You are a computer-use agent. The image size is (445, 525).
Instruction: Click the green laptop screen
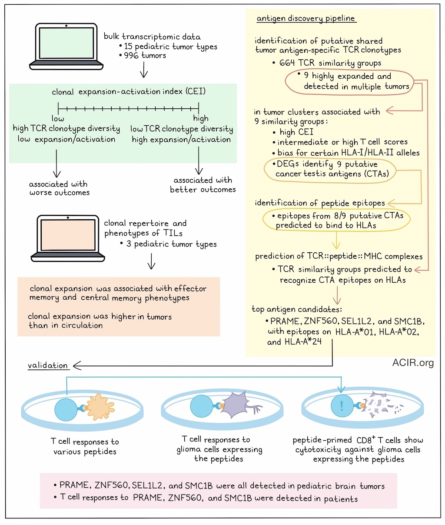pos(66,43)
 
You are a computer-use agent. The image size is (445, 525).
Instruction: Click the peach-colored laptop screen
pos(68,235)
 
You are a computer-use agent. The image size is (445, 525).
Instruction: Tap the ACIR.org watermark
pos(413,362)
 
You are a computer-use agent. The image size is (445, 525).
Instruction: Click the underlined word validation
pos(48,365)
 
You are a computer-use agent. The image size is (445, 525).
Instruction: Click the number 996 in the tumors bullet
pos(131,55)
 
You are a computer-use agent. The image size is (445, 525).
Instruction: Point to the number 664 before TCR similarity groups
pos(287,63)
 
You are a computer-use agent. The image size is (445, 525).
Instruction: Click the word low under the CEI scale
pos(58,118)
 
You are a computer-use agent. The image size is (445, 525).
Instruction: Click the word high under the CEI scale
pos(201,118)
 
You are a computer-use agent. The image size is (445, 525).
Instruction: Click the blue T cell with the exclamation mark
pos(342,406)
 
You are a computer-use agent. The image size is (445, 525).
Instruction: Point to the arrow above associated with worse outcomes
pos(56,163)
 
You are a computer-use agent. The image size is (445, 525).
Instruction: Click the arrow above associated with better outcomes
pos(199,161)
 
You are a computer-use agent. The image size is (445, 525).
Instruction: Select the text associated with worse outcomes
pos(60,188)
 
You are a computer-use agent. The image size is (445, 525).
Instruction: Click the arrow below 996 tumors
pos(144,70)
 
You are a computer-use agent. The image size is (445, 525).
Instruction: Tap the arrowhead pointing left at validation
pos(77,365)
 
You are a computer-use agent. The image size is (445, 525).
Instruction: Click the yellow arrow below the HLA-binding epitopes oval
pos(336,240)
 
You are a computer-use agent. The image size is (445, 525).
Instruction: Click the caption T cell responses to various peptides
pos(85,446)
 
